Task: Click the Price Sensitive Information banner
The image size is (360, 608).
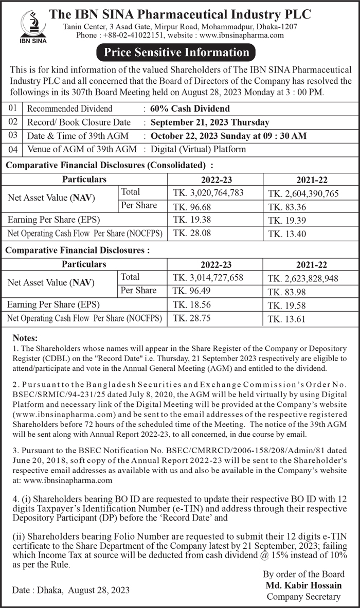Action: (176, 52)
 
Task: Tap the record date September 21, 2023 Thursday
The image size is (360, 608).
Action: (210, 122)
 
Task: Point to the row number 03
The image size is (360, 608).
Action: (13, 135)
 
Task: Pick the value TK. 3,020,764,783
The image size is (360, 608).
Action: (208, 193)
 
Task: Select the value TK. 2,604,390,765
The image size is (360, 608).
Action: (303, 193)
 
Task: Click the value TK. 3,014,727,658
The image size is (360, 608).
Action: (208, 278)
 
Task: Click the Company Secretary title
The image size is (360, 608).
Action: (303, 597)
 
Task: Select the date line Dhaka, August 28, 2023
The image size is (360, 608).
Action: (70, 589)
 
